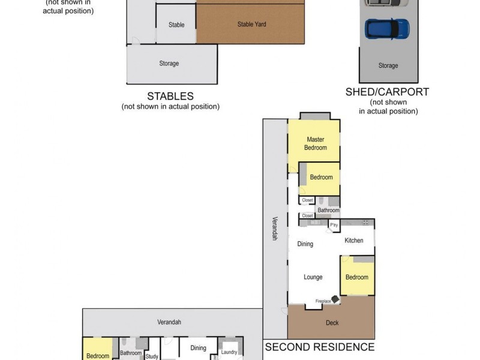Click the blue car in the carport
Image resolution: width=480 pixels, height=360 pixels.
tap(388, 28)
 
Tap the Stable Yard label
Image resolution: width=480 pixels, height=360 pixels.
tap(251, 25)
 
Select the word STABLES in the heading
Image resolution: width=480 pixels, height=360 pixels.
tap(170, 96)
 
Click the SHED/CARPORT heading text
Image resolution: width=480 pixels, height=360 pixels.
tap(387, 92)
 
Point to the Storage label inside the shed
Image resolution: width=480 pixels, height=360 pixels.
tap(388, 66)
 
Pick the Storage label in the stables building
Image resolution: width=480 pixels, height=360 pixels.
tap(169, 64)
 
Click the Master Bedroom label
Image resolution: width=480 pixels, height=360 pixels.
tap(315, 143)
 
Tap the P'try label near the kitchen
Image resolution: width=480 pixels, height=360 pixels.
tap(334, 225)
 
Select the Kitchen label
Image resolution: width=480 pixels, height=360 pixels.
tap(353, 241)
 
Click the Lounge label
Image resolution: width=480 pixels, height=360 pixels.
tap(313, 277)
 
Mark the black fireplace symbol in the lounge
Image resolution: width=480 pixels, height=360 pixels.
tap(334, 298)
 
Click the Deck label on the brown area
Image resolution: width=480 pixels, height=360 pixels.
tap(332, 323)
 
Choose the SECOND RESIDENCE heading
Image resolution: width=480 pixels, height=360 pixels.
tap(320, 347)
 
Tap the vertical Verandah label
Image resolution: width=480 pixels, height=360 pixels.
tap(275, 228)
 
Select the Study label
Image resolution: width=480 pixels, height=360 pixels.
tap(152, 356)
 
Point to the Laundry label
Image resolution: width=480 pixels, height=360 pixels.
tap(229, 352)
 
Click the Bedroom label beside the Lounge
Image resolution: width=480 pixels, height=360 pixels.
tap(356, 277)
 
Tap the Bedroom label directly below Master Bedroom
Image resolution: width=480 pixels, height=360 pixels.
tap(321, 178)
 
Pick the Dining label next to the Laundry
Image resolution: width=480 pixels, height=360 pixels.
tap(198, 348)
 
